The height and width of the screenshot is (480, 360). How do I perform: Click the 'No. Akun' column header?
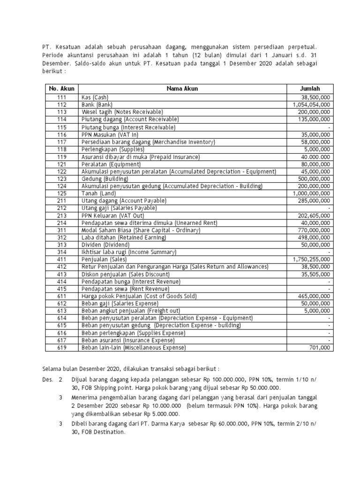(x=62, y=88)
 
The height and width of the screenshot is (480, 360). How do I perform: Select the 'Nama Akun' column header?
(x=182, y=88)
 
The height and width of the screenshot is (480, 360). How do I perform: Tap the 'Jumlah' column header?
(x=310, y=88)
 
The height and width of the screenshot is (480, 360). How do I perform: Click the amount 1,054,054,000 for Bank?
(x=311, y=105)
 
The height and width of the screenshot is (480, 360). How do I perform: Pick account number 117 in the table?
(x=62, y=142)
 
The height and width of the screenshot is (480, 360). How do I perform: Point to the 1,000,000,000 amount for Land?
(x=311, y=193)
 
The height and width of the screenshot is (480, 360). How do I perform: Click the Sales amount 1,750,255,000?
(x=311, y=259)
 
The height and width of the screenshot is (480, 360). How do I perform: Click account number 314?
(x=62, y=252)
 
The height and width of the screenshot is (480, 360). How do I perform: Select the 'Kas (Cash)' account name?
(x=95, y=97)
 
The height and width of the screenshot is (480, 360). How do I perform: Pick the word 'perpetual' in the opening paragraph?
(x=302, y=47)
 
